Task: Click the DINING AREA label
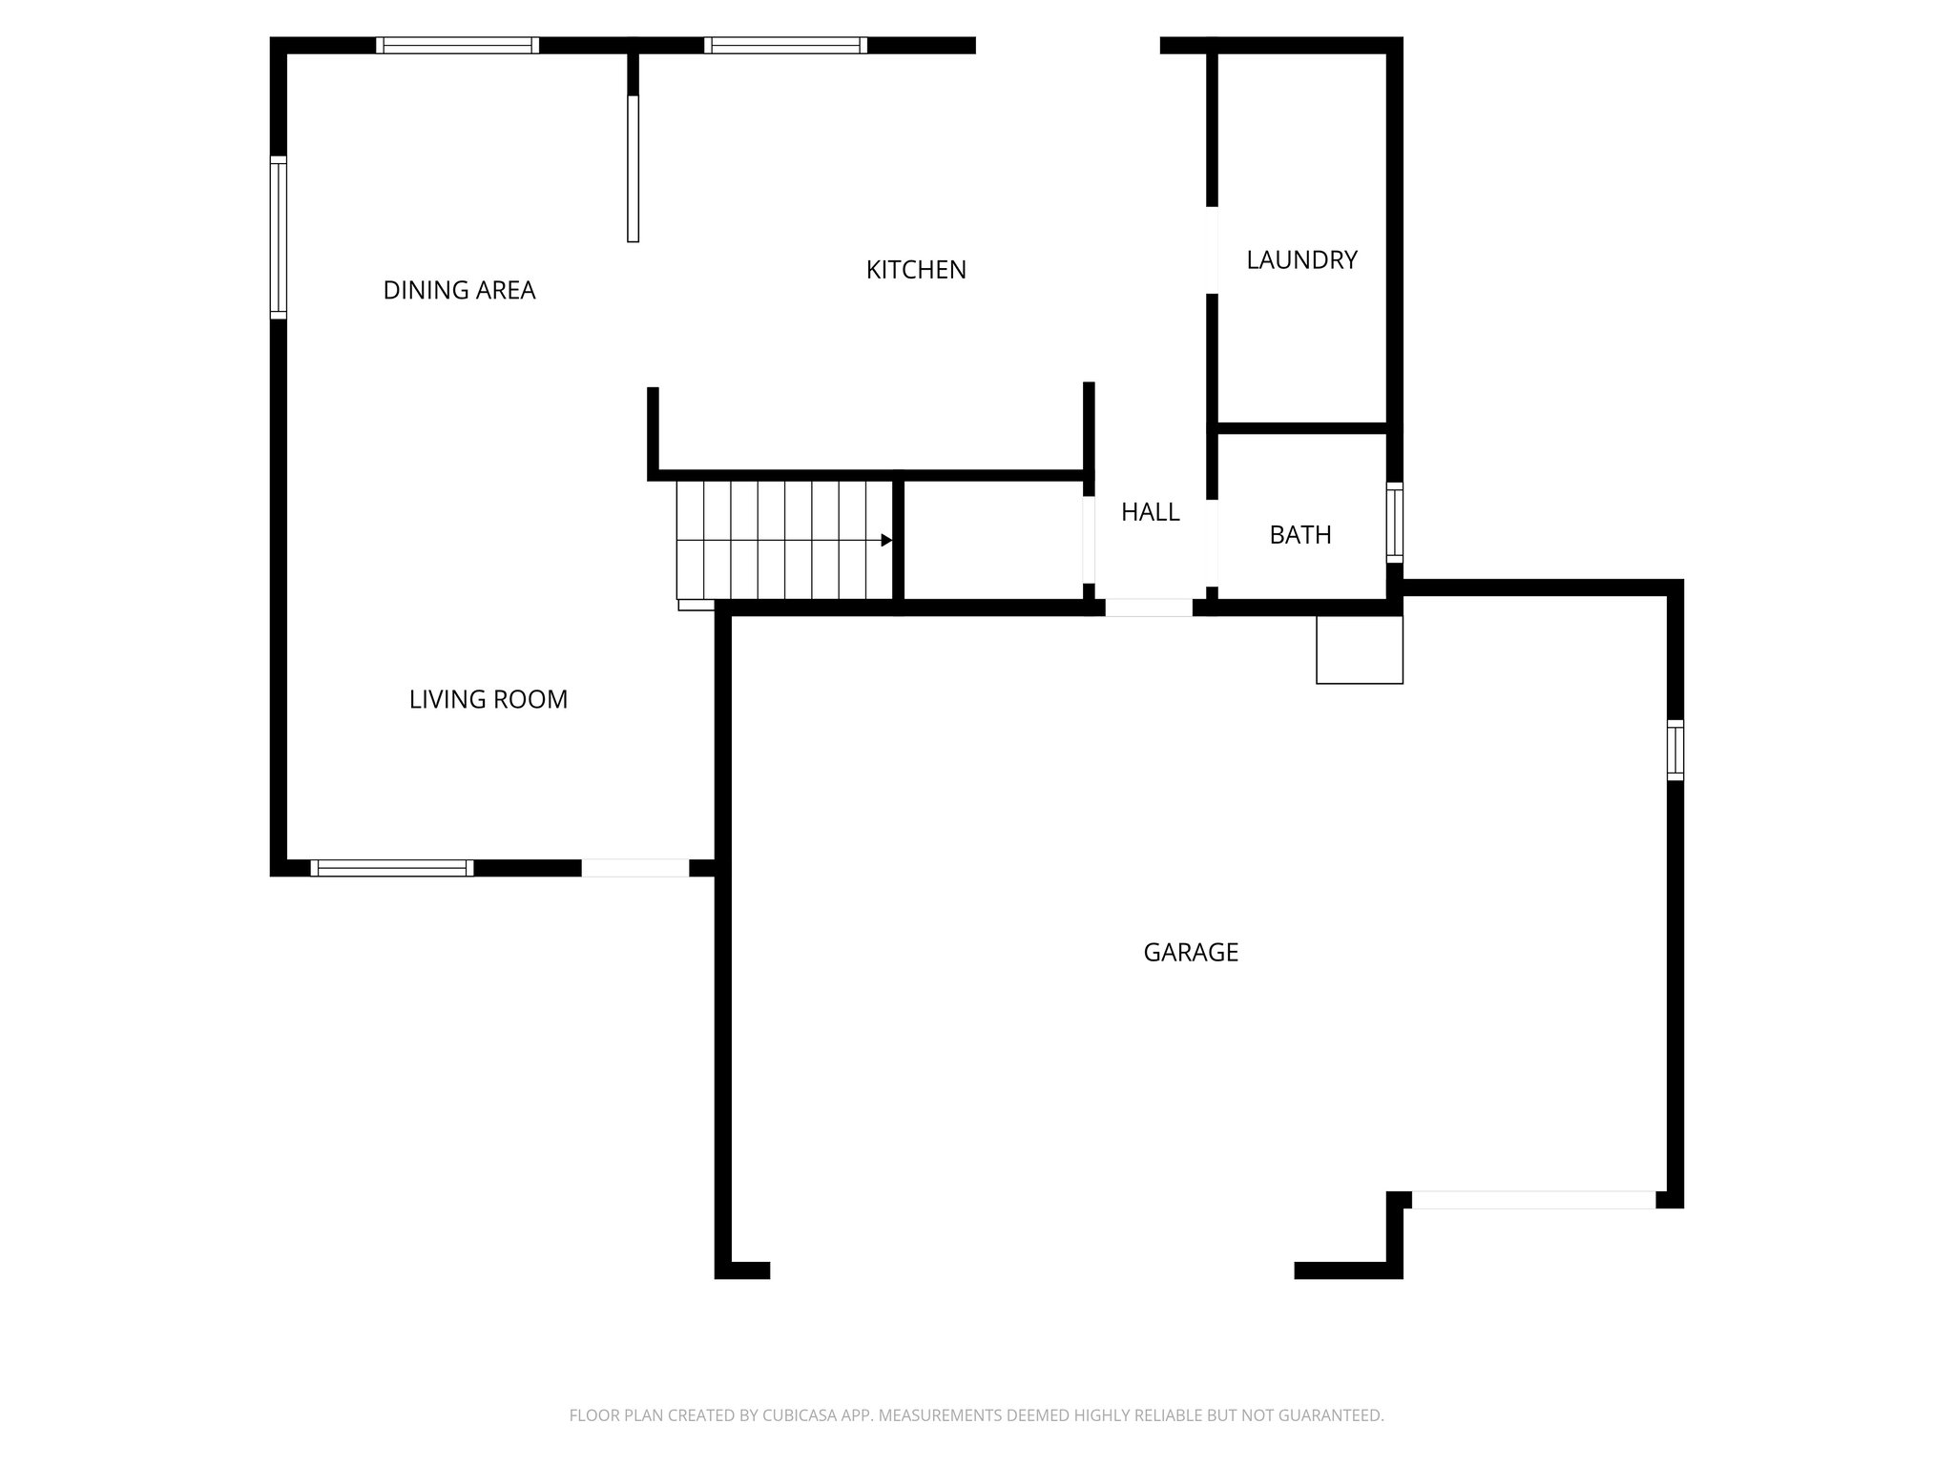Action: (459, 290)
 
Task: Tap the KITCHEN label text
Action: (916, 270)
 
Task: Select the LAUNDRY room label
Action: (1301, 259)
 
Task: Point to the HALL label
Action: (1150, 512)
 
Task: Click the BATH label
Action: (1299, 535)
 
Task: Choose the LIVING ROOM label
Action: (488, 699)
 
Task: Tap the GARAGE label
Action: (1191, 952)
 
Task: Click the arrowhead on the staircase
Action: (886, 541)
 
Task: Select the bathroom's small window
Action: (1394, 521)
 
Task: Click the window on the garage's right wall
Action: (1674, 751)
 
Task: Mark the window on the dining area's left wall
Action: (278, 238)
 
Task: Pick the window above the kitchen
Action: (785, 45)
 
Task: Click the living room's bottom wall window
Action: (391, 868)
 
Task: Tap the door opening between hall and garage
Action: (1148, 608)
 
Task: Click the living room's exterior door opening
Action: (634, 868)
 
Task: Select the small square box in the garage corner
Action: (1359, 650)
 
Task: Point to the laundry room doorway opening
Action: (1213, 250)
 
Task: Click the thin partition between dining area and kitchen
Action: (633, 168)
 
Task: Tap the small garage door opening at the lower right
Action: (1532, 1200)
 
